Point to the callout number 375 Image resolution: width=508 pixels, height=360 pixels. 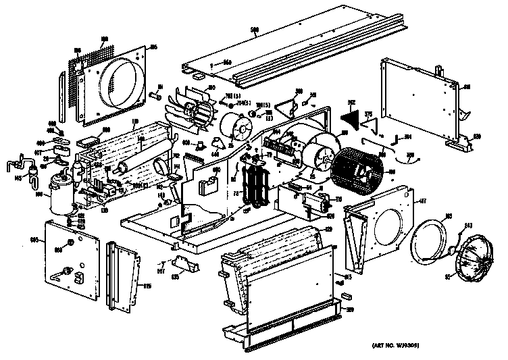pyautogui.click(x=368, y=114)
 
